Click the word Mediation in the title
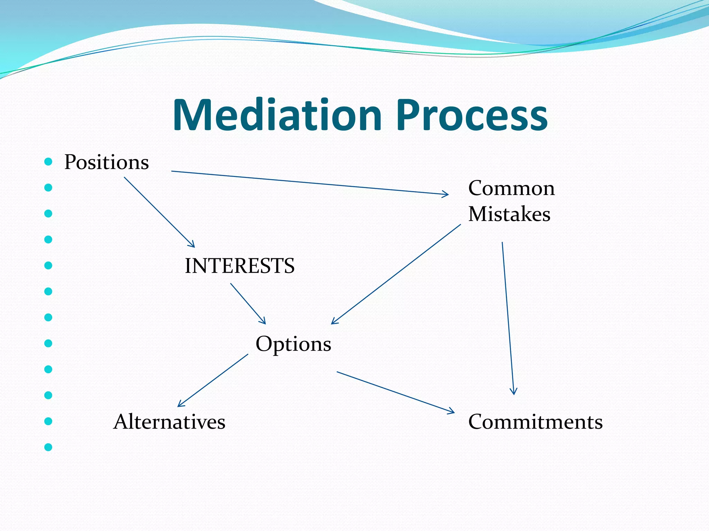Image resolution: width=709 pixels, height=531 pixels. coord(277,115)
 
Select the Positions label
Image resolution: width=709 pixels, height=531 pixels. coord(107,162)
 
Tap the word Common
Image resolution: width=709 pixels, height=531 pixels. coord(511,188)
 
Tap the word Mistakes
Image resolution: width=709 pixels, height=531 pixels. coord(509,214)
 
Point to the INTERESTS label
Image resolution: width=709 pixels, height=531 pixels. coord(240,266)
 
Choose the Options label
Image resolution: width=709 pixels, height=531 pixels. coord(293,344)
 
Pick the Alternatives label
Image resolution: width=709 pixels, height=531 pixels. coord(169,422)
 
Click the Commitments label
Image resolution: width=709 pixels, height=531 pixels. coord(535,422)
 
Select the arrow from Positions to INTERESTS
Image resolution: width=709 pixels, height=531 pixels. coord(159,212)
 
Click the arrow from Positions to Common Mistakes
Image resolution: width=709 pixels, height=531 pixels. coord(310,183)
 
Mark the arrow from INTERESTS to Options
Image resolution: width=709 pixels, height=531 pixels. coord(248,304)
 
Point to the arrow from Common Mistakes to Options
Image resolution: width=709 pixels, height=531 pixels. coord(396,274)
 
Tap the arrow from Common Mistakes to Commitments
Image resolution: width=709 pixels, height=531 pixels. coord(508,318)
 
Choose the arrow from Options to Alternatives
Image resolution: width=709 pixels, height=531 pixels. coord(213,380)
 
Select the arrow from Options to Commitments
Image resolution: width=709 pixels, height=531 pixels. coord(395,392)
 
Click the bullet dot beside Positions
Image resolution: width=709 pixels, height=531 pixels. coord(48,161)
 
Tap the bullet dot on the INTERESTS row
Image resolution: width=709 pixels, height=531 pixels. coord(48,265)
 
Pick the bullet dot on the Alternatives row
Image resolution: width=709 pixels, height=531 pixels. coord(48,421)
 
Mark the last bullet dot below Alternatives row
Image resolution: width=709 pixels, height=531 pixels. coord(48,447)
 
